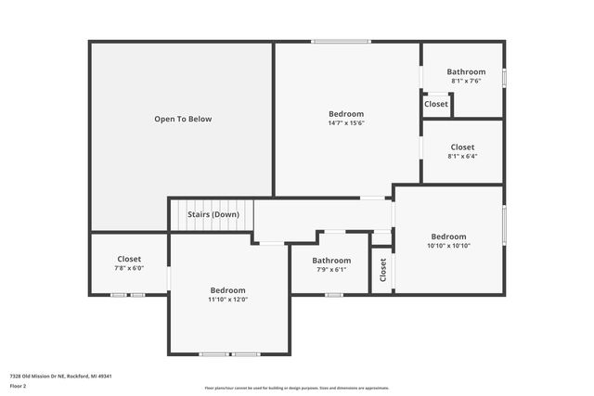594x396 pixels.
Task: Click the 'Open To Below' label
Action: (x=183, y=119)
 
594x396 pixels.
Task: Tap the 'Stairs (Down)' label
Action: (x=213, y=214)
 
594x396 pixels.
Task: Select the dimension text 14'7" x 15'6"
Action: (x=345, y=123)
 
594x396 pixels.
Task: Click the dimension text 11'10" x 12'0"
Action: (x=227, y=300)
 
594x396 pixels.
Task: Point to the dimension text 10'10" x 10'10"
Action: (x=448, y=246)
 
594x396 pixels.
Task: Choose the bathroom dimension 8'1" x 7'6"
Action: (x=465, y=82)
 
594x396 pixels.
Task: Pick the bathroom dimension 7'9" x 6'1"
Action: (x=331, y=270)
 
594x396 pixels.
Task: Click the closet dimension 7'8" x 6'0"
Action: (x=129, y=268)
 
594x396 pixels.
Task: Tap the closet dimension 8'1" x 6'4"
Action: (x=462, y=156)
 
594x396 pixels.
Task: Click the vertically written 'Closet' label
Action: (x=382, y=270)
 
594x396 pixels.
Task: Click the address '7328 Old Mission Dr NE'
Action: (x=42, y=377)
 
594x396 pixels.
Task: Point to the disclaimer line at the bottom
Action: (x=297, y=389)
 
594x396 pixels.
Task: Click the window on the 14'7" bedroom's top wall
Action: (x=341, y=41)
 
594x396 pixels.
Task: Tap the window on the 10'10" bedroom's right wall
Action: (x=504, y=228)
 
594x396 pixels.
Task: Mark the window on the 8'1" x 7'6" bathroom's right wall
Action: (x=504, y=78)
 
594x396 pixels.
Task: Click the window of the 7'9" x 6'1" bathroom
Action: (x=333, y=295)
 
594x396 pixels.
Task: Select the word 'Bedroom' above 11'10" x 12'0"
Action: (x=227, y=290)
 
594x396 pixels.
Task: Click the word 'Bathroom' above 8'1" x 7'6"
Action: (x=466, y=71)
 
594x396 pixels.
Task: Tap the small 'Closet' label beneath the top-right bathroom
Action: (x=436, y=104)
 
